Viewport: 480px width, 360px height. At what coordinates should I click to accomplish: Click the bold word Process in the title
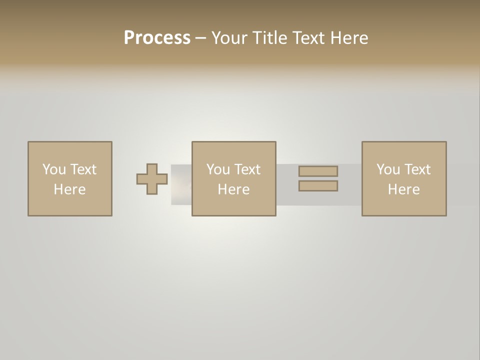(x=157, y=38)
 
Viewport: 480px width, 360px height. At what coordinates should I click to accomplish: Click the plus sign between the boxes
(x=152, y=179)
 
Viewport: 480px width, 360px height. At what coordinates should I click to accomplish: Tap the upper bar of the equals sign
(x=318, y=171)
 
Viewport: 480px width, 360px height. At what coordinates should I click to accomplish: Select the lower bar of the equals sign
(x=318, y=186)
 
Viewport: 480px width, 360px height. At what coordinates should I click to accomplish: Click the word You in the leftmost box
(x=54, y=169)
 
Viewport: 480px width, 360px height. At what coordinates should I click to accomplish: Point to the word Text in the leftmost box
(x=82, y=169)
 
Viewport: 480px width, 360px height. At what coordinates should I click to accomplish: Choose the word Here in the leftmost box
(x=69, y=189)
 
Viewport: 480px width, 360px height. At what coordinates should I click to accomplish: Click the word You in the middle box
(x=218, y=169)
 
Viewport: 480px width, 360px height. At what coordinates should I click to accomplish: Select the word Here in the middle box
(x=233, y=189)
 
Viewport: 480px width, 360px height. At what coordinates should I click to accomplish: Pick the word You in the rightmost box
(x=388, y=169)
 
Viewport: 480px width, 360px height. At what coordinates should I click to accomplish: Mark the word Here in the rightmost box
(x=403, y=189)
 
